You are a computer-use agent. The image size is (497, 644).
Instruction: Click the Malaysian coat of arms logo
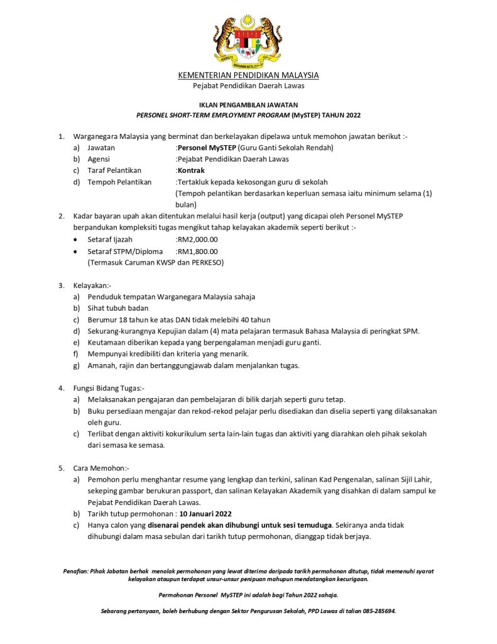248,40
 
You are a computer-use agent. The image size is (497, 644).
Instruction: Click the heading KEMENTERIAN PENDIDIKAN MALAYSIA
248,75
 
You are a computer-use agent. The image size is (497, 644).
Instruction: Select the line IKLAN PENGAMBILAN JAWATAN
248,104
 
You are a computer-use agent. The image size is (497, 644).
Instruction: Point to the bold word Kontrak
191,170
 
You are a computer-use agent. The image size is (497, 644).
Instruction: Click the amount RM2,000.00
197,239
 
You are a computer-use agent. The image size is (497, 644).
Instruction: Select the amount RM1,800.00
197,251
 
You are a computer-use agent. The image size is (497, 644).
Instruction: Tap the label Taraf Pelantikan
114,170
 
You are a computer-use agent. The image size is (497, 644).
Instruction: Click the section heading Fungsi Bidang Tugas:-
109,388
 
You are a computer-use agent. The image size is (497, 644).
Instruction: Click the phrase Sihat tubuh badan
118,308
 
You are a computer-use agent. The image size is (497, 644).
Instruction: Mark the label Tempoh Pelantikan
119,182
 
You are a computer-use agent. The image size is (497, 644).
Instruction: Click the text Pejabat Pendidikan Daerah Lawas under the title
248,86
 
